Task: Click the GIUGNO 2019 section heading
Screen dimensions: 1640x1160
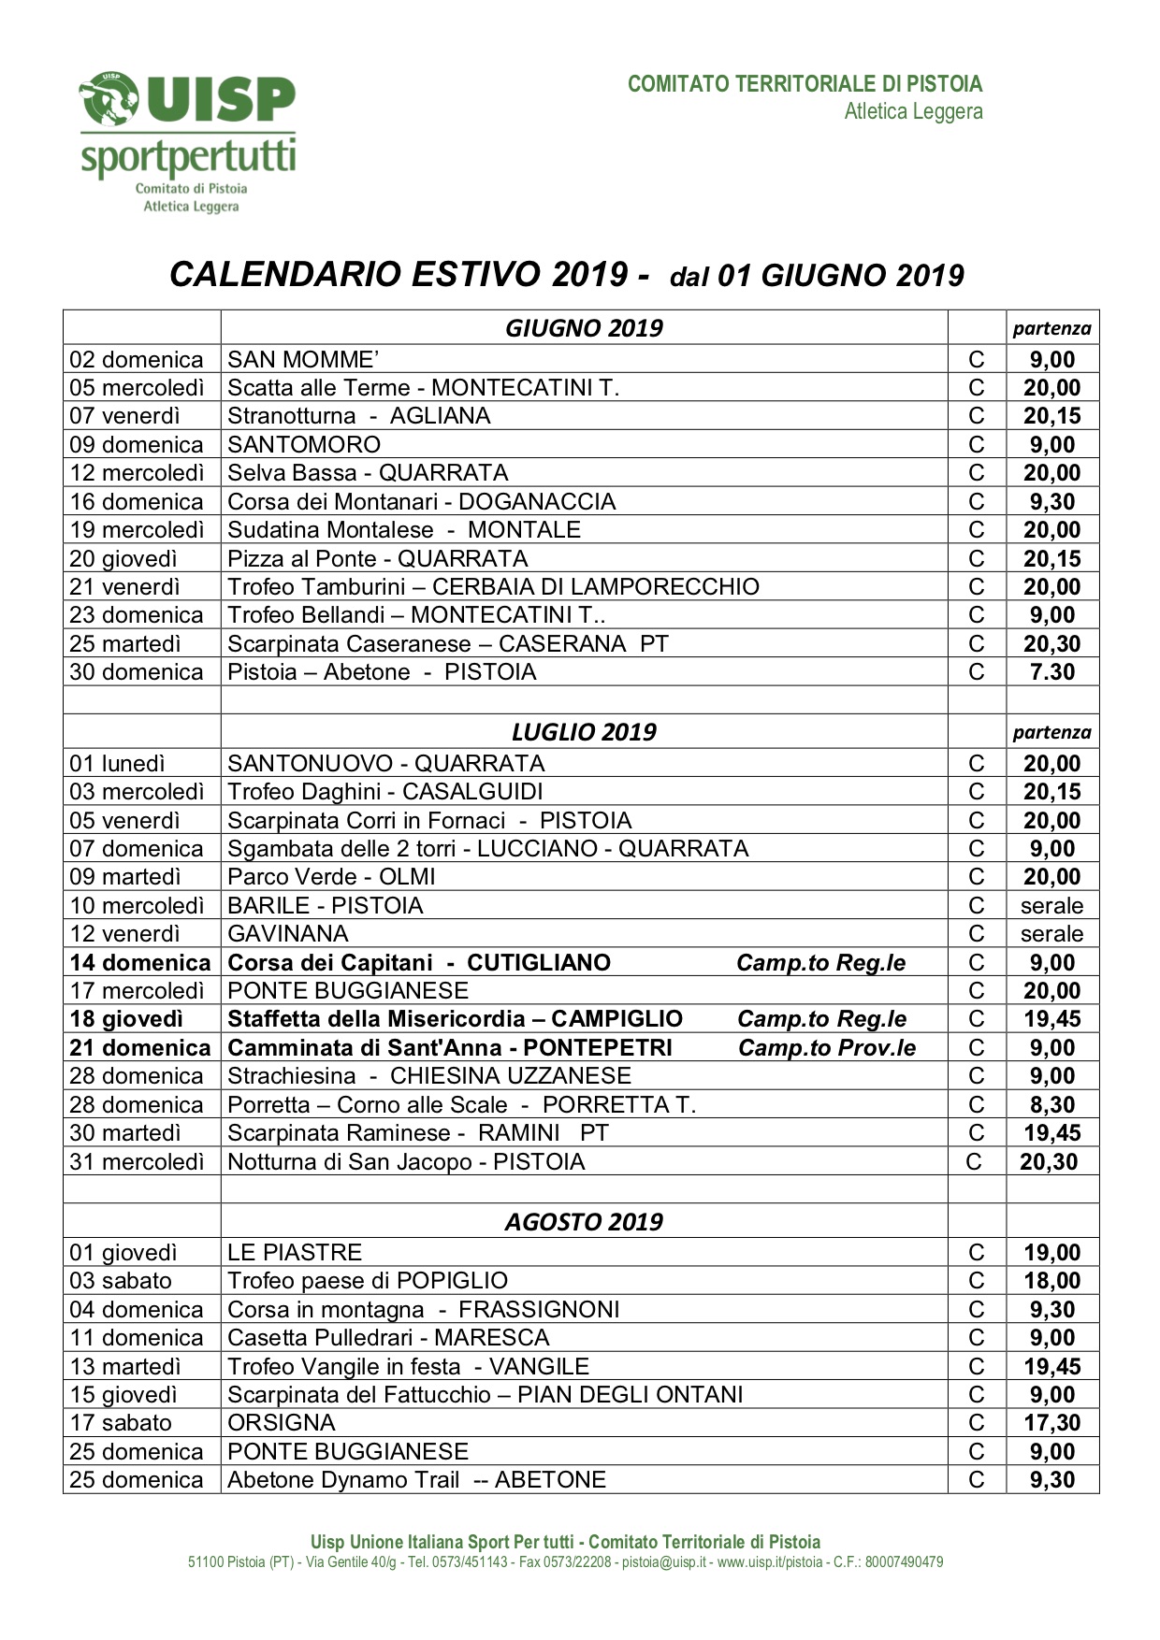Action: [584, 328]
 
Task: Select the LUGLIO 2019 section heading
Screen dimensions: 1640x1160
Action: [584, 732]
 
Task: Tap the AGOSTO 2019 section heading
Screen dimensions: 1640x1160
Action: [584, 1222]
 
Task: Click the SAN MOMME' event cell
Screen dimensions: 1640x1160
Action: [303, 360]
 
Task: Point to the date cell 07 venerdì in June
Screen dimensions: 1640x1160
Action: [124, 416]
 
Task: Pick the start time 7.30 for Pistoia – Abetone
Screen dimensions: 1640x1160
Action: [1052, 672]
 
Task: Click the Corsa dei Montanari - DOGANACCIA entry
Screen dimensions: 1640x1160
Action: [422, 502]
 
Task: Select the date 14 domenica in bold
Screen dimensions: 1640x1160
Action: [140, 963]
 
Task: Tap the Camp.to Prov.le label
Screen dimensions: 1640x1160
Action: [827, 1048]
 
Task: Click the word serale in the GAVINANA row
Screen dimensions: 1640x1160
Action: [1052, 934]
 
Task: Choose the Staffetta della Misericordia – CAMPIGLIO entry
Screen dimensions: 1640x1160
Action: [456, 1019]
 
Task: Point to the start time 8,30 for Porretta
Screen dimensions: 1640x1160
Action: [1052, 1105]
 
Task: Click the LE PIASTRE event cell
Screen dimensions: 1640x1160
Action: [295, 1253]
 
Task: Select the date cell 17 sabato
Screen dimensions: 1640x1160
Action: [121, 1423]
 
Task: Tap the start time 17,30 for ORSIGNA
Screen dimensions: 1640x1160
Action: [1052, 1423]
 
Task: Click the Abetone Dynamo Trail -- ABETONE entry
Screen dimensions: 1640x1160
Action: [417, 1480]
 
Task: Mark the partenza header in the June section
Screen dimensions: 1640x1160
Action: [1052, 328]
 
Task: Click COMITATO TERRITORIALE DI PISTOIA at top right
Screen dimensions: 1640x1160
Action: [805, 84]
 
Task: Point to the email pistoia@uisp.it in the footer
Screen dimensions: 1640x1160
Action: [664, 1562]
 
